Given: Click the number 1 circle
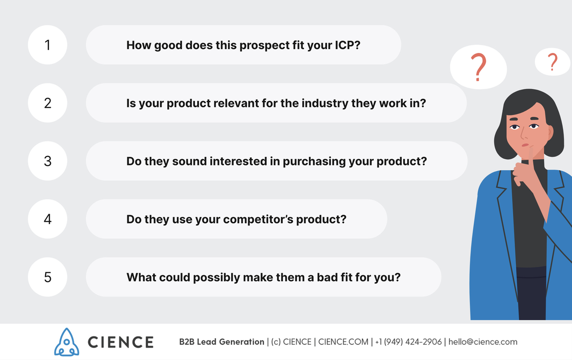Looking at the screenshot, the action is click(48, 45).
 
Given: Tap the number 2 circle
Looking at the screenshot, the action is click(48, 103).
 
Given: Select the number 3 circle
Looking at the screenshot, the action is click(48, 161).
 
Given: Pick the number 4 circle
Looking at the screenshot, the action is click(48, 219).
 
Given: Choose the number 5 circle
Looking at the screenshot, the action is click(48, 277).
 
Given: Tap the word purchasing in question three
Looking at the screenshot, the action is click(314, 162).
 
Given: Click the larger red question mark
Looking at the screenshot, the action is click(478, 67).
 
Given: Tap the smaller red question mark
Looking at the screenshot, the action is click(552, 62).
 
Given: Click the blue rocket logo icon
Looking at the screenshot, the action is click(67, 342).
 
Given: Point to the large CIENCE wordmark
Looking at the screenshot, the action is click(121, 342).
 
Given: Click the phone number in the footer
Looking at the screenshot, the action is click(409, 342).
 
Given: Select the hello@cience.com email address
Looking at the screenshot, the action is click(483, 342).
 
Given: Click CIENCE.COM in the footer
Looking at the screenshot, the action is click(343, 342).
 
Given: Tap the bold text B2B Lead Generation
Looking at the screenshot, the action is click(222, 342).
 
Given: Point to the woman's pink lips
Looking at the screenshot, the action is click(525, 145).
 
